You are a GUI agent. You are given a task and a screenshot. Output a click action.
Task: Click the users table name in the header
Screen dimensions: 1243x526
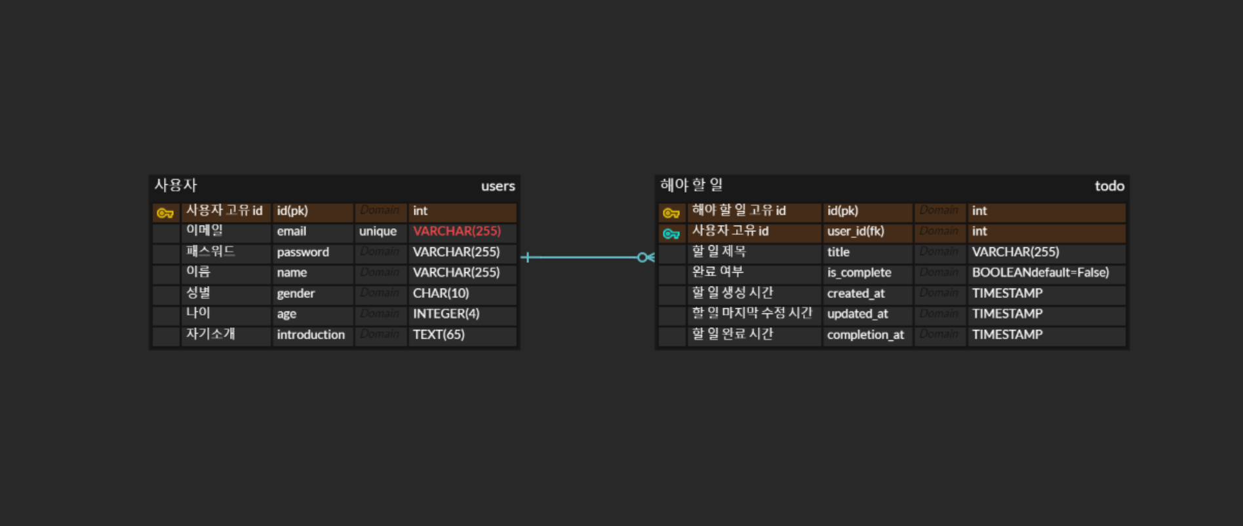pyautogui.click(x=498, y=186)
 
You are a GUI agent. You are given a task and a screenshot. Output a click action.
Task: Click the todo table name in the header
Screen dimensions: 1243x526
pyautogui.click(x=1109, y=186)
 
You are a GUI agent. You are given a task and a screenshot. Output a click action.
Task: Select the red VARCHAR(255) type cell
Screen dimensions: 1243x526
pyautogui.click(x=457, y=232)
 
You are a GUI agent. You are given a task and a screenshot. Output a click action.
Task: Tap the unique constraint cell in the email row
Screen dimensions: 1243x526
pyautogui.click(x=378, y=232)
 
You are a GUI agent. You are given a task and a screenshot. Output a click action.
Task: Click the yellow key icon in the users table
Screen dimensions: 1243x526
pyautogui.click(x=165, y=213)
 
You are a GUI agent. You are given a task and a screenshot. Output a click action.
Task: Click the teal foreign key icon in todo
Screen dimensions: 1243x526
pyautogui.click(x=671, y=234)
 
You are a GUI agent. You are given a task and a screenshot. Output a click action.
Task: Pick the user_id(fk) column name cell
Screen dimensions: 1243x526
pyautogui.click(x=856, y=232)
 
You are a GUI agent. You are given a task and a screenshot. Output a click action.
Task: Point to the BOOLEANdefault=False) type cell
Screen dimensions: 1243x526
pyautogui.click(x=1040, y=273)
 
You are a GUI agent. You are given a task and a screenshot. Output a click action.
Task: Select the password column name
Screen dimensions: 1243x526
pyautogui.click(x=303, y=253)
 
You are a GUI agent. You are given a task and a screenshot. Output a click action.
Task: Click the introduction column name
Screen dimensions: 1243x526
pyautogui.click(x=311, y=335)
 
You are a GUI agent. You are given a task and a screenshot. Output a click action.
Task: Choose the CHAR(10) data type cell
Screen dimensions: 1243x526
pyautogui.click(x=441, y=294)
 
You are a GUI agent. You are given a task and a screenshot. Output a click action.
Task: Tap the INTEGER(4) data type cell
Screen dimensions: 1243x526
pyautogui.click(x=446, y=314)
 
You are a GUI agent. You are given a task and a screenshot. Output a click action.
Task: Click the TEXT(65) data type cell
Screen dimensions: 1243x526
pyautogui.click(x=439, y=335)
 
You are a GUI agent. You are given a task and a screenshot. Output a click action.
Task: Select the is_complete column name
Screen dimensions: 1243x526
pyautogui.click(x=859, y=273)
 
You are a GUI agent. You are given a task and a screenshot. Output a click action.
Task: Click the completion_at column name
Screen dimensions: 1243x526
pyautogui.click(x=865, y=335)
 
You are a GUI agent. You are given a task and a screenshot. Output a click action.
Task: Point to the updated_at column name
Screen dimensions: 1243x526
pyautogui.click(x=858, y=314)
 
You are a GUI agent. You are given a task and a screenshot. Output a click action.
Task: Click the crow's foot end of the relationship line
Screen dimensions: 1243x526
pyautogui.click(x=646, y=258)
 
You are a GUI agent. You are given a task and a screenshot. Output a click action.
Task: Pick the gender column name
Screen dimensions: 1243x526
pyautogui.click(x=296, y=294)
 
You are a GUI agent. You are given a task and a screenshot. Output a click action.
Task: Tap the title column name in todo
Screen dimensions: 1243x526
pyautogui.click(x=839, y=253)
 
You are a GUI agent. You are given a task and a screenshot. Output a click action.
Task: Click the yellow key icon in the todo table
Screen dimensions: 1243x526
pyautogui.click(x=671, y=213)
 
